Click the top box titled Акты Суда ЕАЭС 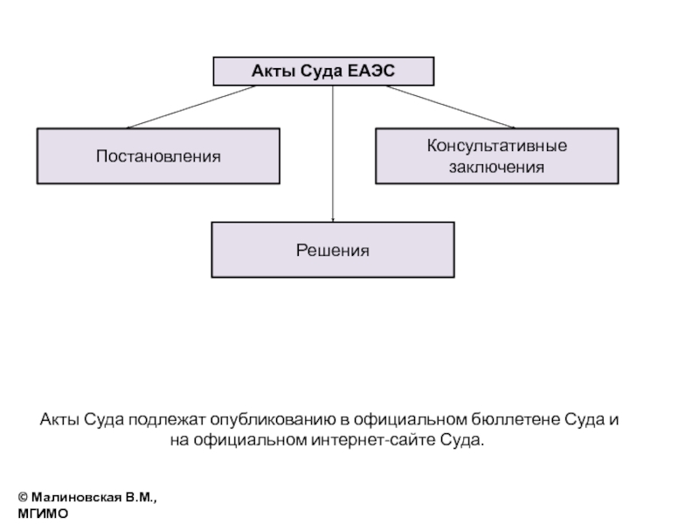(323, 72)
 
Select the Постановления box (158, 156)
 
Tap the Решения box (333, 250)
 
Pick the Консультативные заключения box (497, 156)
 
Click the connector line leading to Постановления (191, 107)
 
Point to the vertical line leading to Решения (333, 154)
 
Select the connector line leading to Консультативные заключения (451, 107)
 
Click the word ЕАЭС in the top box (370, 71)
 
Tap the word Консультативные (497, 146)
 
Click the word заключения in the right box (496, 167)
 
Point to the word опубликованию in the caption (273, 420)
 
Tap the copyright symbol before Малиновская (24, 497)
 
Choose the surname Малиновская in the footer (76, 497)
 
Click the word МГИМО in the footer (43, 514)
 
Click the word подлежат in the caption (167, 420)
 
